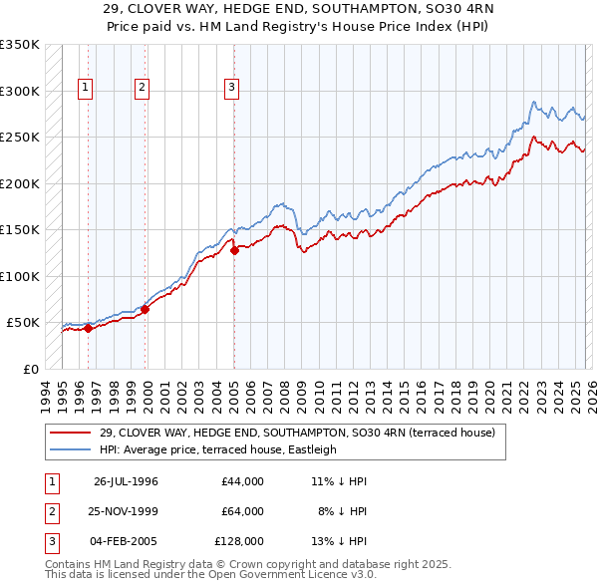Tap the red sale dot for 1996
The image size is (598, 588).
pos(88,328)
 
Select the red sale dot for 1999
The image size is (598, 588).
pos(146,309)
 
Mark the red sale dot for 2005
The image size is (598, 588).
pos(234,251)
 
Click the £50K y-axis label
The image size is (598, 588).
pos(23,323)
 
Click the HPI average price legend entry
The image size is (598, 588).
pos(217,449)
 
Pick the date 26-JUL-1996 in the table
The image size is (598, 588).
pos(126,481)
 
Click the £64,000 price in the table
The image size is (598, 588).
pos(242,511)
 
